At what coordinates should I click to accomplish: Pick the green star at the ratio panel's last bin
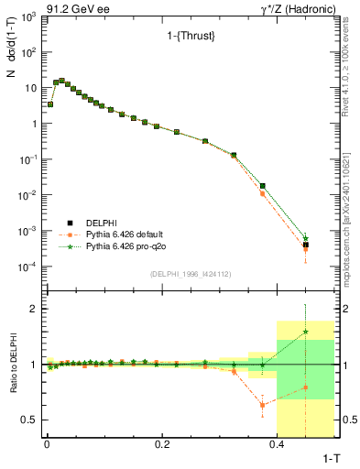point(306,332)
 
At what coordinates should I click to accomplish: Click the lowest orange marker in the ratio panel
point(262,405)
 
